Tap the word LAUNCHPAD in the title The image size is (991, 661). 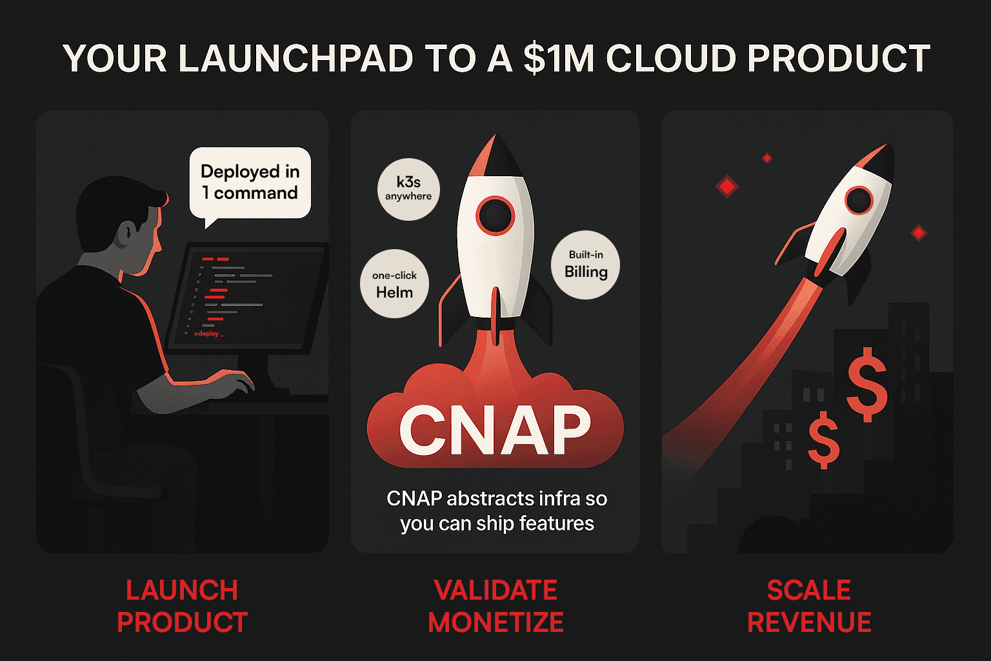point(295,59)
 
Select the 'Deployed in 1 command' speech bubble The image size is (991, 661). point(250,183)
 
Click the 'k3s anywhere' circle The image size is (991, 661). point(408,188)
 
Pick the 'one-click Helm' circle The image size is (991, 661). point(394,284)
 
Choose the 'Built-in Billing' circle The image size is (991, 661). point(585,265)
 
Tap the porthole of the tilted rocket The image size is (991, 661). point(859,200)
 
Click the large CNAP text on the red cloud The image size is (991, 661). point(495,431)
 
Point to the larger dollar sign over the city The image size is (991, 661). point(866,382)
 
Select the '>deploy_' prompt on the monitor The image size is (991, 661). point(208,334)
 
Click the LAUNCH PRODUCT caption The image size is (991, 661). point(182,606)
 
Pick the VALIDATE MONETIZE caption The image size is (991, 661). point(495,606)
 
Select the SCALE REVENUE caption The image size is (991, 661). point(809,606)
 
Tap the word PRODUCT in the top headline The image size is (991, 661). point(839,59)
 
